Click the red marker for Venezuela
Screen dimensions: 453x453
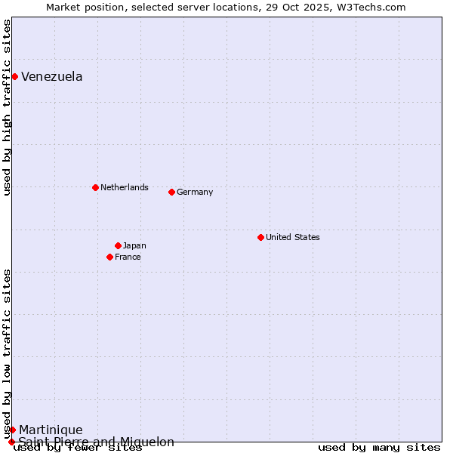pyautogui.click(x=14, y=76)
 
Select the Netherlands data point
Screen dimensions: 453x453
pyautogui.click(x=95, y=187)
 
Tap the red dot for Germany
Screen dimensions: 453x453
pyautogui.click(x=171, y=192)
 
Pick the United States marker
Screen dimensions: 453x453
pyautogui.click(x=260, y=237)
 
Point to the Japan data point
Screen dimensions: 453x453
pyautogui.click(x=118, y=245)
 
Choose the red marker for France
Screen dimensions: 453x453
pyautogui.click(x=109, y=257)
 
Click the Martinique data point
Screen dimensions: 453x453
pyautogui.click(x=12, y=430)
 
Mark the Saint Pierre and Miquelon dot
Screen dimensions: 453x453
pyautogui.click(x=11, y=442)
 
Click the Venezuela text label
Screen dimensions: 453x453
pyautogui.click(x=52, y=76)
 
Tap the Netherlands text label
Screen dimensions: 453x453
pyautogui.click(x=125, y=187)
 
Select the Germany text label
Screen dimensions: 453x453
pyautogui.click(x=195, y=192)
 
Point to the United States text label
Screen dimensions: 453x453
pyautogui.click(x=293, y=237)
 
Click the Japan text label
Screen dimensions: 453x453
pyautogui.click(x=134, y=245)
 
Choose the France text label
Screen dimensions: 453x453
pyautogui.click(x=128, y=257)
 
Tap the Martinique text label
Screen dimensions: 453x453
pyautogui.click(x=51, y=430)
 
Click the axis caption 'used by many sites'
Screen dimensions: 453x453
pyautogui.click(x=379, y=448)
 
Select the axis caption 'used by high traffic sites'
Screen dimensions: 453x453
pyautogui.click(x=8, y=107)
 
